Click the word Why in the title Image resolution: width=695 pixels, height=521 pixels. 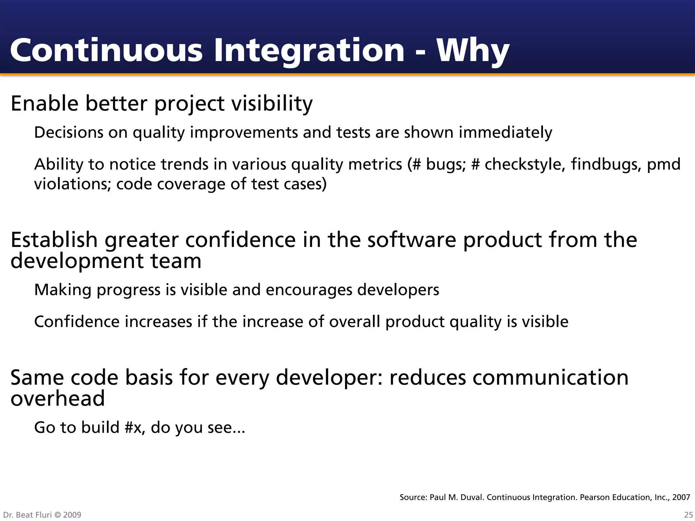tap(473, 51)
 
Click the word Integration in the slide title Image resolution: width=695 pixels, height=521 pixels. tap(309, 51)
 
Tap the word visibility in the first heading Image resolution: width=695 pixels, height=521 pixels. tap(272, 103)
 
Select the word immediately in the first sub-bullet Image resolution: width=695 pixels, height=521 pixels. tap(505, 132)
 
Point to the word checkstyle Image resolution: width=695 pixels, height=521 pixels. tap(524, 165)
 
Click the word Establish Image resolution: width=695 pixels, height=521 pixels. tap(54, 239)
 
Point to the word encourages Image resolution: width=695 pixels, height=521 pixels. tap(309, 290)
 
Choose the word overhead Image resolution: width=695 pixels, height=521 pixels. tap(58, 398)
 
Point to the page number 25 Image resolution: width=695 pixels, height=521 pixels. tap(688, 515)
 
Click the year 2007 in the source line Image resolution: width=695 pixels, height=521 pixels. tap(681, 497)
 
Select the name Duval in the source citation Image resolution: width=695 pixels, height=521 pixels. tap(473, 497)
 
